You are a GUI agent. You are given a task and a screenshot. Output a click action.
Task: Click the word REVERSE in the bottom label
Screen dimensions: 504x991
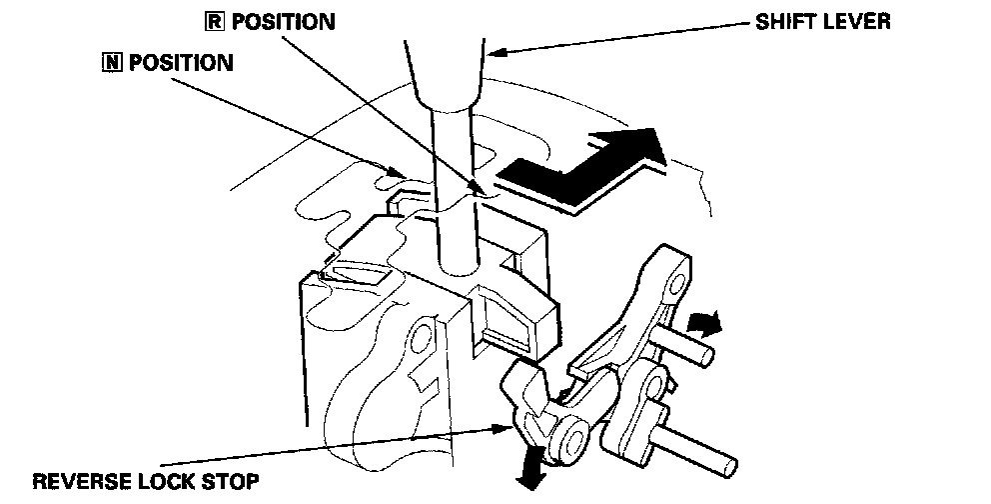coord(84,482)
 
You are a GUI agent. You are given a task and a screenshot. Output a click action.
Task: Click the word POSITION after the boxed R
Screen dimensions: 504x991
coord(284,21)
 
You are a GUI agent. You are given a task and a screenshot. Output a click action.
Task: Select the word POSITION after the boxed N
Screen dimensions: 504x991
coord(171,63)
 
